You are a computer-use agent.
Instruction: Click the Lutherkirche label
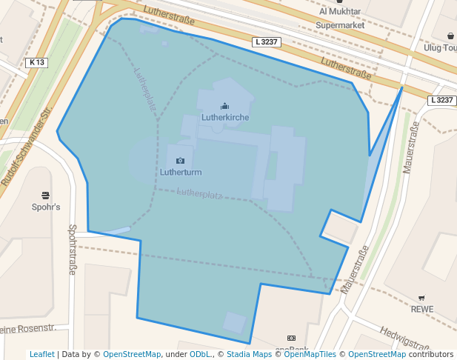224,118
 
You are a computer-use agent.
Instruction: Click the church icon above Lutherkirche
224,107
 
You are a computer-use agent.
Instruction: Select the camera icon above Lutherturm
180,160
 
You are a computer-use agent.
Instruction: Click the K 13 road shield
36,63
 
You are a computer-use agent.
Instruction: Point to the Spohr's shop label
46,207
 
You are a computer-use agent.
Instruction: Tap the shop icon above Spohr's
46,196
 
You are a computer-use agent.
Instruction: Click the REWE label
421,309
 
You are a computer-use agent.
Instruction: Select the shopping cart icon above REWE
421,298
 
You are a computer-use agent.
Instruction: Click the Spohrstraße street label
73,250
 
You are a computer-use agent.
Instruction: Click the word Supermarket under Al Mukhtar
341,25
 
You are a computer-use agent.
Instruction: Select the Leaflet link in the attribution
41,355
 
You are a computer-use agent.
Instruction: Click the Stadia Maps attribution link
249,355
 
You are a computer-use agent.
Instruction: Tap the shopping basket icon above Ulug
450,36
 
